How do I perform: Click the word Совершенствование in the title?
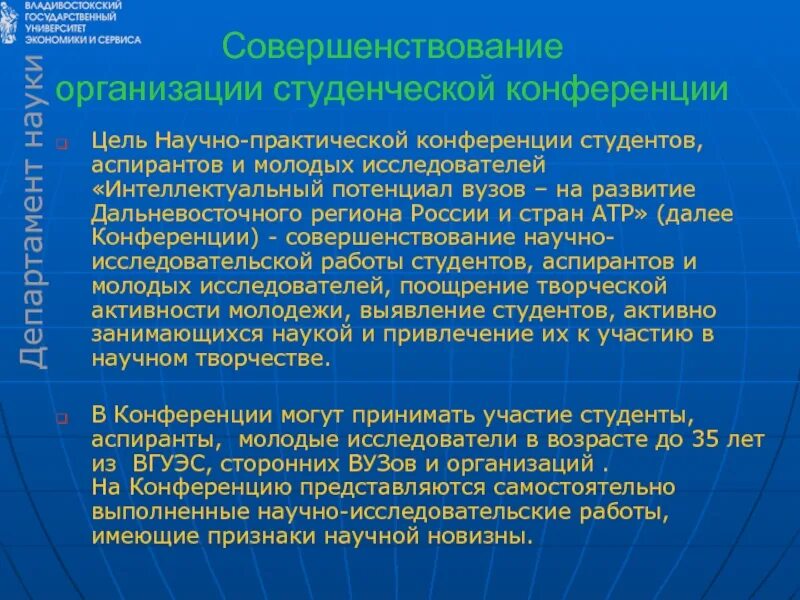pos(391,47)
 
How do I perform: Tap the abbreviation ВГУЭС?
pos(172,464)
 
